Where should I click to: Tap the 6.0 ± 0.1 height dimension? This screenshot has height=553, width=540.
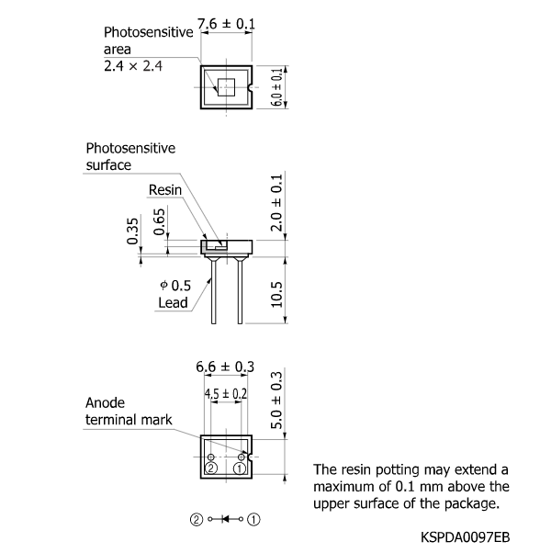click(276, 86)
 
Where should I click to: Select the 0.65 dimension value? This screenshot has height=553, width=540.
click(161, 221)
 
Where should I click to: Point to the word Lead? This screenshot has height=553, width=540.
click(172, 302)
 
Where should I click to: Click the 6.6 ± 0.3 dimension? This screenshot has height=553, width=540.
click(226, 367)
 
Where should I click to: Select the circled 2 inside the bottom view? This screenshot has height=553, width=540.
click(211, 468)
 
